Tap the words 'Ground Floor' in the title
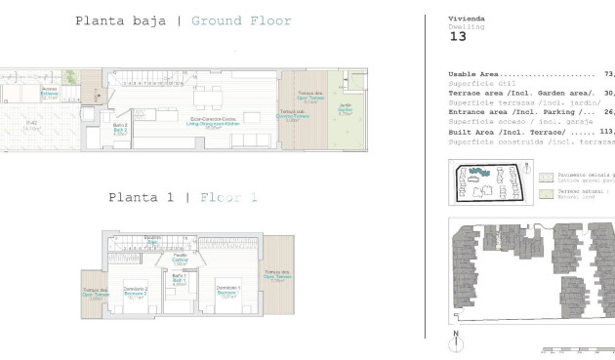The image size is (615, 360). point(241,20)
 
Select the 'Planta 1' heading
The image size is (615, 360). point(149,197)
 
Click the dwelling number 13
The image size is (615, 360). point(458,36)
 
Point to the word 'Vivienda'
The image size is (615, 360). point(466,19)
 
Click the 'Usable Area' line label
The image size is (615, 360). point(473,74)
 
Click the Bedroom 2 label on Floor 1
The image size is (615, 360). point(136,291)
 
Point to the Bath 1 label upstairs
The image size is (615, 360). point(179,279)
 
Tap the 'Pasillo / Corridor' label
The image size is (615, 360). point(180,260)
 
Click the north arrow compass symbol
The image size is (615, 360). point(455,342)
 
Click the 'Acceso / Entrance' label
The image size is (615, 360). point(50,94)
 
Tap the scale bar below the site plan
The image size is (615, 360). point(576,349)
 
